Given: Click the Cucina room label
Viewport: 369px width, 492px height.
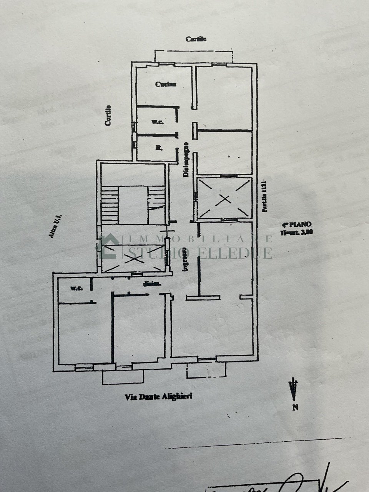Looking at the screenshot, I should click(166, 84).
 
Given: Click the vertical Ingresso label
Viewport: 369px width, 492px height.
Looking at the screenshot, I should click(185, 260).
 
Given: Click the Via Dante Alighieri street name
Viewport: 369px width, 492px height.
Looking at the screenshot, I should click(158, 397).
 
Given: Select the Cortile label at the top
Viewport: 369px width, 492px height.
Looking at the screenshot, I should click(196, 39).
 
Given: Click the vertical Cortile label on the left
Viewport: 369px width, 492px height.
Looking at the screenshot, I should click(109, 116).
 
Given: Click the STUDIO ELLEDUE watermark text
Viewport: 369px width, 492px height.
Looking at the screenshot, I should click(200, 253).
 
